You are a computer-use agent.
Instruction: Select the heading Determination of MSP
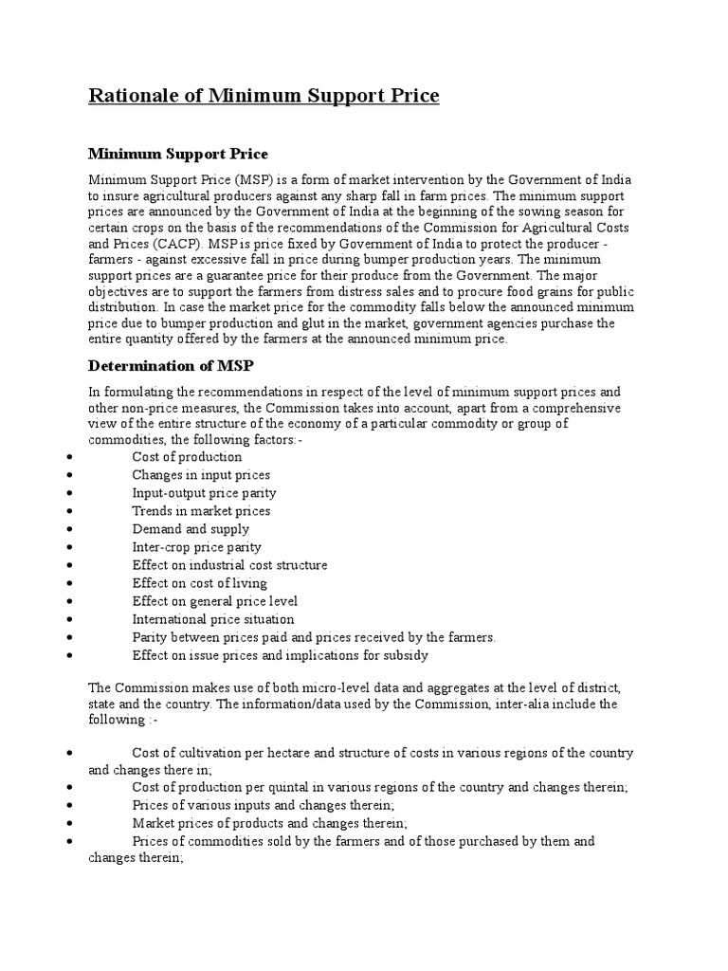tap(173, 365)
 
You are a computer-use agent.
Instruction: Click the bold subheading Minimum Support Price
tap(178, 153)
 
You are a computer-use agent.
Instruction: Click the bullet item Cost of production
tap(187, 457)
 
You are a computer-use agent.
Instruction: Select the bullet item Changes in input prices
tap(201, 475)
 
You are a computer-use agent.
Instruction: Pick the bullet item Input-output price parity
tap(204, 493)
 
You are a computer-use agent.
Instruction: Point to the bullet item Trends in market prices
tap(201, 511)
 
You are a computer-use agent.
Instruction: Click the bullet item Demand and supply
tap(191, 529)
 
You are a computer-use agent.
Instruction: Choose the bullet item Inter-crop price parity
tap(196, 547)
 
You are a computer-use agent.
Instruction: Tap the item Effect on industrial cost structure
tap(229, 565)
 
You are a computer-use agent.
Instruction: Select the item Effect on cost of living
tap(199, 583)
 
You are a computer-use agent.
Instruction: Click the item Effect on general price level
tap(214, 601)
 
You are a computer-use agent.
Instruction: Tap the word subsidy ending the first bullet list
tap(406, 655)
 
